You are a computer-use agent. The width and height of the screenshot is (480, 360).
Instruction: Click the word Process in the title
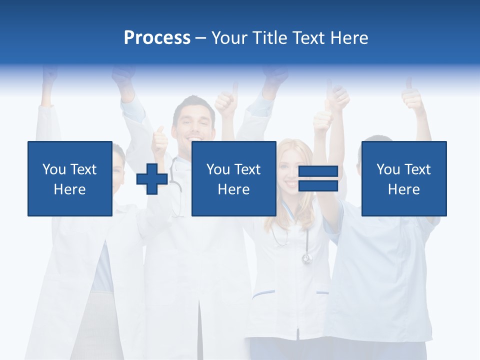(x=157, y=38)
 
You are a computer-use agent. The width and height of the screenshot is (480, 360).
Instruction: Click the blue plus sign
(x=152, y=178)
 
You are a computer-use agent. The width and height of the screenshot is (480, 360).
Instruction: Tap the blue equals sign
(x=318, y=178)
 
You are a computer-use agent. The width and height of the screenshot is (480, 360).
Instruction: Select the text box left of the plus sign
(x=69, y=178)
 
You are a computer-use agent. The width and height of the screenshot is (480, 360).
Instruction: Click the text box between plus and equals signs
(x=233, y=178)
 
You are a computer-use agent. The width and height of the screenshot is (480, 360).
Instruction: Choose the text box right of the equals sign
(x=403, y=178)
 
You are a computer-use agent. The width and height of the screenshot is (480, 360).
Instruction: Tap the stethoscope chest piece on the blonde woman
(x=306, y=258)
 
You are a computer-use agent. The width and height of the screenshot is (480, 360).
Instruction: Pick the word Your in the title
(x=228, y=38)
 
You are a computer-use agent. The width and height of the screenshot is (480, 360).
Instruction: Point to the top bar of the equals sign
(x=318, y=172)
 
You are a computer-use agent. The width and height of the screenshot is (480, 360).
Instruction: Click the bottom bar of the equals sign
(x=318, y=185)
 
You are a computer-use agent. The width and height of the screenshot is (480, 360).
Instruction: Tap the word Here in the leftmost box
(x=69, y=189)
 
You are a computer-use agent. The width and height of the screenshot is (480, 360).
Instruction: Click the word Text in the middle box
(x=247, y=169)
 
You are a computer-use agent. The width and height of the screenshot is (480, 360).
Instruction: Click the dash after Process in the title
(x=200, y=38)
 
